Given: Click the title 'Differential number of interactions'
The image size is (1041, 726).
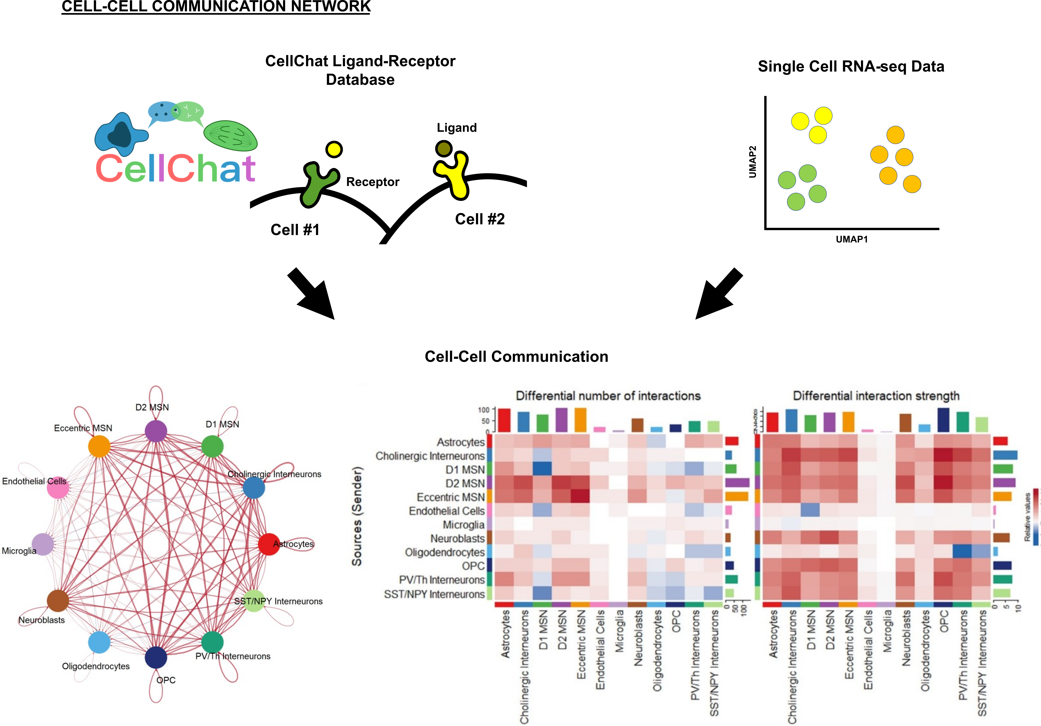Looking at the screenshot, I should pyautogui.click(x=608, y=396).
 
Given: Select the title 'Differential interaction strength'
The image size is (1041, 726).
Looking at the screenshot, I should pyautogui.click(x=876, y=396).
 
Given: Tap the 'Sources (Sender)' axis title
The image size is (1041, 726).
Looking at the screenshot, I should pyautogui.click(x=357, y=516).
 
